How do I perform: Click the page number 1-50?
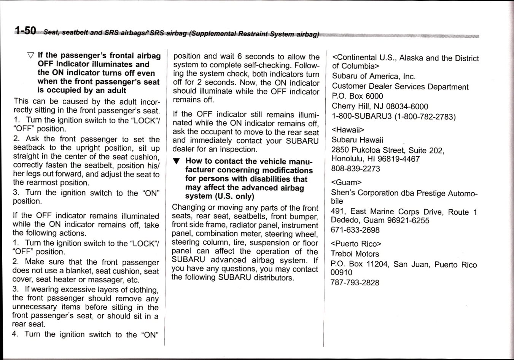pyautogui.click(x=25, y=31)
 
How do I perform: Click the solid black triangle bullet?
pyautogui.click(x=175, y=161)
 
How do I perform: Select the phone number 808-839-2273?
pyautogui.click(x=355, y=168)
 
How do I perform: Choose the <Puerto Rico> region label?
pyautogui.click(x=356, y=244)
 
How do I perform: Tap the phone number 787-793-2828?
pyautogui.click(x=355, y=282)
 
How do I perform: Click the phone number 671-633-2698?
pyautogui.click(x=355, y=230)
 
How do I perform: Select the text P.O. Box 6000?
pyautogui.click(x=357, y=96)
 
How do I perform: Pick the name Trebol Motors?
pyautogui.click(x=355, y=254)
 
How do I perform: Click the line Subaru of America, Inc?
pyautogui.click(x=374, y=76)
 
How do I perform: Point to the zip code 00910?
pyautogui.click(x=341, y=272)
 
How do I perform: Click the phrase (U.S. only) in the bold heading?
pyautogui.click(x=234, y=196)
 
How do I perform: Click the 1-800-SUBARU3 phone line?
pyautogui.click(x=393, y=116)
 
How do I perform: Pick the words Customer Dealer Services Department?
pyautogui.click(x=400, y=87)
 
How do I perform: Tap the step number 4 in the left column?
pyautogui.click(x=15, y=334)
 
